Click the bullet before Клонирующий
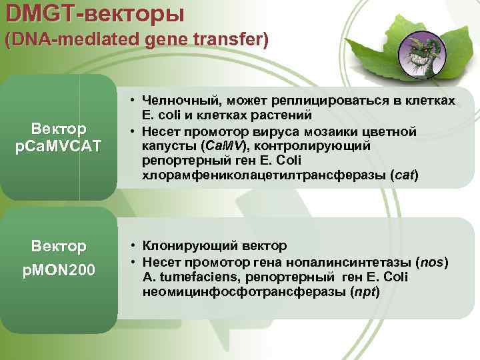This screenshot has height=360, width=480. pos(134,246)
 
